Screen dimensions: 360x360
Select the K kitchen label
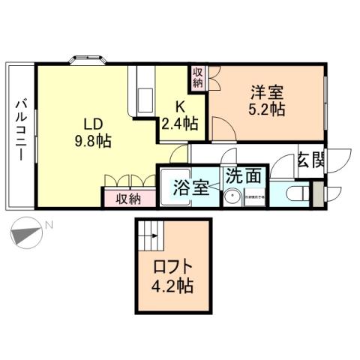click(180, 106)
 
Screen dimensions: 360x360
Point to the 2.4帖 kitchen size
click(180, 123)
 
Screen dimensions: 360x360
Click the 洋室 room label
click(267, 93)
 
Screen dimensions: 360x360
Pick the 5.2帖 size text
click(267, 109)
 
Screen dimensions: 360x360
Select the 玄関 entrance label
click(310, 160)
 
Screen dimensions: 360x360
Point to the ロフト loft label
click(174, 268)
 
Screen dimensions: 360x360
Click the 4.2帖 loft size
click(174, 286)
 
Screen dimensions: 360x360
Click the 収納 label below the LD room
click(130, 199)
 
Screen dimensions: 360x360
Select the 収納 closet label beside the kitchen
click(197, 77)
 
